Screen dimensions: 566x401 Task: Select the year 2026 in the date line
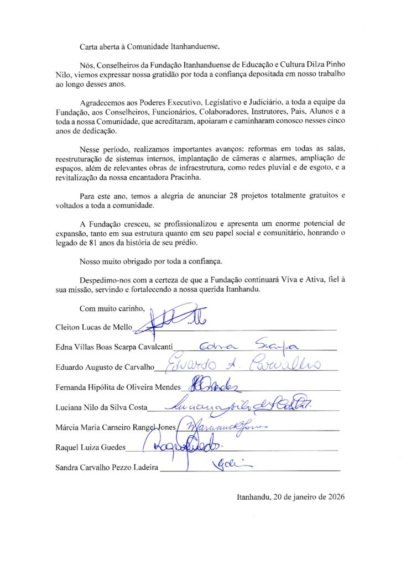coord(334,497)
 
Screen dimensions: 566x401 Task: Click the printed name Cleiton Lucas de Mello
coord(94,327)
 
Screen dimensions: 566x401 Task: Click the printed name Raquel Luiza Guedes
coord(91,447)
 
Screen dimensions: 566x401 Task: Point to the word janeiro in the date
coord(297,497)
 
